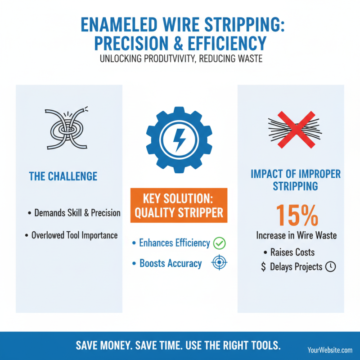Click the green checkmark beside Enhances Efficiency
coord(219,243)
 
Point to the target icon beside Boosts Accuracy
coord(218,264)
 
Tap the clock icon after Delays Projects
coord(330,267)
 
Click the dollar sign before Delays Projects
coord(263,267)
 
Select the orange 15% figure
coord(296,215)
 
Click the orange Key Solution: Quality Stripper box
coord(179,206)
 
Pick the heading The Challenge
coord(63,176)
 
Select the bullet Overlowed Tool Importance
coord(74,235)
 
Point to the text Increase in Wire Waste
coord(296,235)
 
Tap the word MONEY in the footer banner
coord(124,345)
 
